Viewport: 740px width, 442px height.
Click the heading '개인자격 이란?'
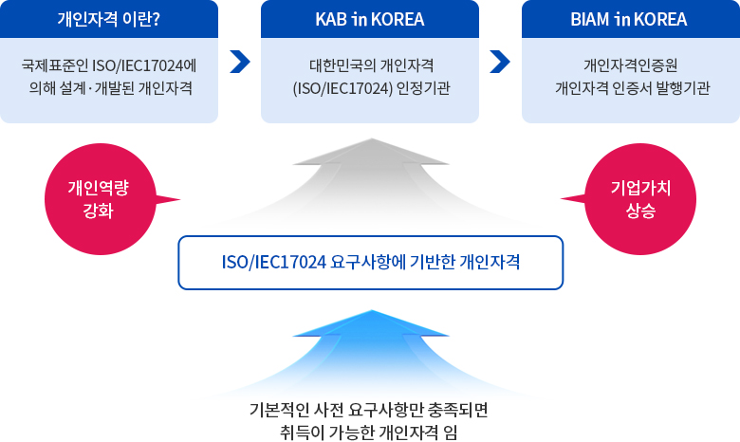pyautogui.click(x=108, y=19)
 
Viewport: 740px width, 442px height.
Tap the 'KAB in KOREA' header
pyautogui.click(x=370, y=19)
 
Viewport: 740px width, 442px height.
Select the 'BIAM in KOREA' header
pyautogui.click(x=629, y=19)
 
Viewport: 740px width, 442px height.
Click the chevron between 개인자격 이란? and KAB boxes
pyautogui.click(x=240, y=62)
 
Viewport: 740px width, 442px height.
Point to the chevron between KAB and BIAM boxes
pyautogui.click(x=500, y=62)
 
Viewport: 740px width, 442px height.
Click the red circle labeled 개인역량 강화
pyautogui.click(x=101, y=199)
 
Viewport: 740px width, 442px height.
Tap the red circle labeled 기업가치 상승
pyautogui.click(x=640, y=199)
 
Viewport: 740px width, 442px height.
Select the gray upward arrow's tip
pyautogui.click(x=371, y=138)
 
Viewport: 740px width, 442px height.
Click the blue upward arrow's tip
pyautogui.click(x=371, y=310)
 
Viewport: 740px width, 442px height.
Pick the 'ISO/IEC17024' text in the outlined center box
pyautogui.click(x=274, y=263)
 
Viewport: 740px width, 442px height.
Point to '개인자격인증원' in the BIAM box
pyautogui.click(x=631, y=65)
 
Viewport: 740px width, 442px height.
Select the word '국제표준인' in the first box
pyautogui.click(x=54, y=65)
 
